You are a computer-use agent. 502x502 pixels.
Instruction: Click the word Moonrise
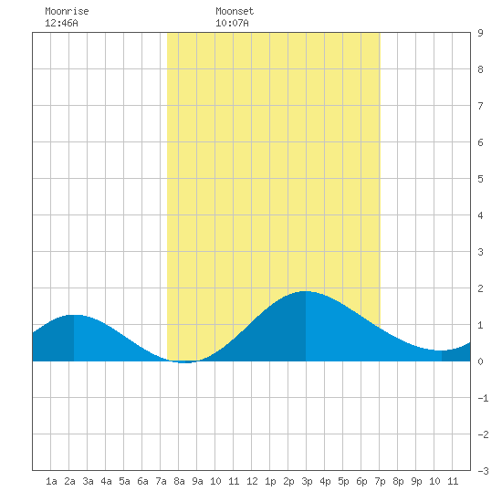[67, 11]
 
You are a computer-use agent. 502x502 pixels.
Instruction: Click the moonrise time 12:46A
[61, 23]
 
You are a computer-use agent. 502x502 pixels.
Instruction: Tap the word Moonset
[235, 11]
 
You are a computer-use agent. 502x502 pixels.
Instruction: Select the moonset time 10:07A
[232, 23]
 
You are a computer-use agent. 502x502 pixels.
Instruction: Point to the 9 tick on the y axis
[480, 33]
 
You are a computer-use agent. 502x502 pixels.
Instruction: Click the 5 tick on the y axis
[480, 179]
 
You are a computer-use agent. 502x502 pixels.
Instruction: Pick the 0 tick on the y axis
[480, 361]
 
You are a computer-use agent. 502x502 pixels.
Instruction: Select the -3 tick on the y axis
[483, 471]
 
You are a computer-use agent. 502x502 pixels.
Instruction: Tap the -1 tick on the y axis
[483, 398]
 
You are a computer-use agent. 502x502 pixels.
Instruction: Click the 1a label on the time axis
[51, 481]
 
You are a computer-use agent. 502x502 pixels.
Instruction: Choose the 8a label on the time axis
[179, 481]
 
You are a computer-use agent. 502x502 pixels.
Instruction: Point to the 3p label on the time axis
[307, 481]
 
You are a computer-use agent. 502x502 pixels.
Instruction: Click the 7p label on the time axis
[380, 481]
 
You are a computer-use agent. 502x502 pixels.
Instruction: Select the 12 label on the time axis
[252, 481]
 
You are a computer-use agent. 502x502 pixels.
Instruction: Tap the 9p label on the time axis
[416, 481]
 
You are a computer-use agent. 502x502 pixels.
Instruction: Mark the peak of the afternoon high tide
[306, 291]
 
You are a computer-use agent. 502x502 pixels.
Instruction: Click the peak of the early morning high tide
[74, 316]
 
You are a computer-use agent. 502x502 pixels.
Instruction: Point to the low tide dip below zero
[185, 362]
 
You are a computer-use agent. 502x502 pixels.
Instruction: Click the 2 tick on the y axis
[480, 288]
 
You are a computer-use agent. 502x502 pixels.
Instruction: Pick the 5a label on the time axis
[124, 481]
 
